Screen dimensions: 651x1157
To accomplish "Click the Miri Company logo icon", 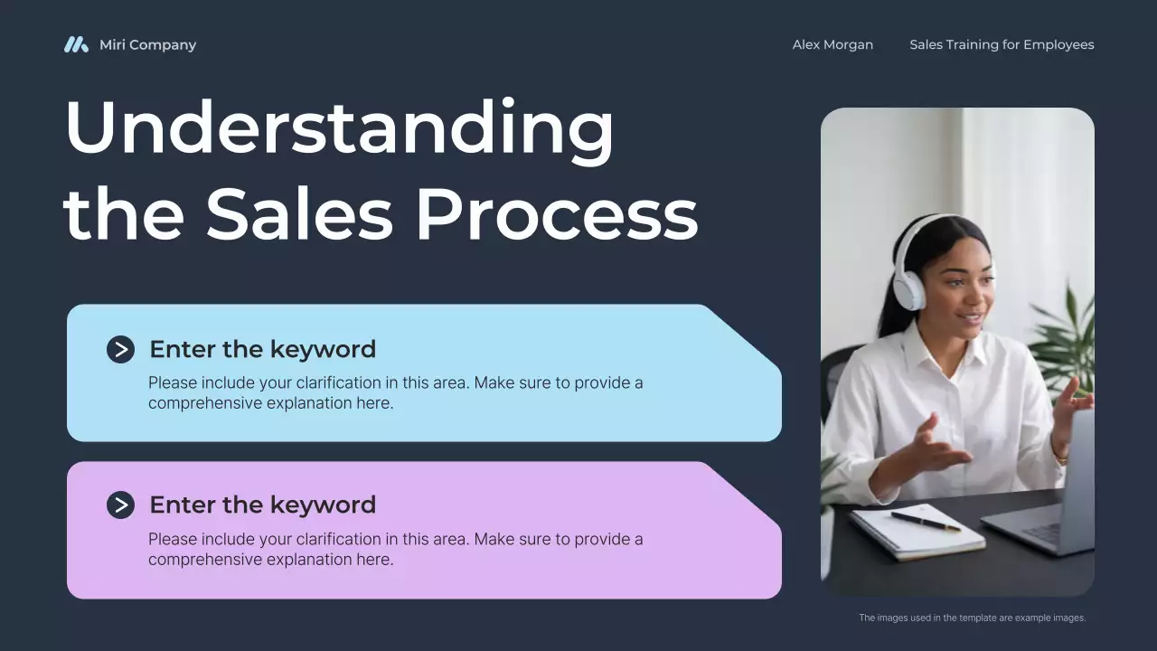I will (x=76, y=44).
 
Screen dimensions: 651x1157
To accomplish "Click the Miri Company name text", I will (x=147, y=44).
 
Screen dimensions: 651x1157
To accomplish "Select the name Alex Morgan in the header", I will (x=832, y=44).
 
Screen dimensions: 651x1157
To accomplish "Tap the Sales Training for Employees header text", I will (x=1002, y=44).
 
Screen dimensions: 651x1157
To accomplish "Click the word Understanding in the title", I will (x=339, y=128).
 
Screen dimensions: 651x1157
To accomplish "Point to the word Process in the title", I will (x=556, y=215).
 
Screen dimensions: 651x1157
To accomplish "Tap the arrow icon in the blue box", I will (x=120, y=349).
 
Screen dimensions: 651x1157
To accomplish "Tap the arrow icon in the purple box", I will (x=120, y=505).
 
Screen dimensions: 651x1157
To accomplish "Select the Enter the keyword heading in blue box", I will (x=262, y=349).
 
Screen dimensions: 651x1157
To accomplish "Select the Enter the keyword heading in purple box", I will (x=262, y=505).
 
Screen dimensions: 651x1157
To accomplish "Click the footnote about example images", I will (x=972, y=618).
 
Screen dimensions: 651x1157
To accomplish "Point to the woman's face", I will (x=958, y=294).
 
